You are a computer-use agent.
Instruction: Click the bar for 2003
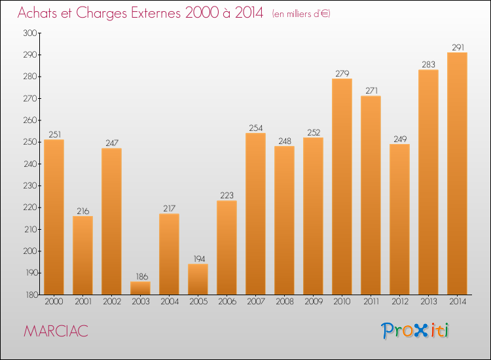140,288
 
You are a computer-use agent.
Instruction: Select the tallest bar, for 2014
457,173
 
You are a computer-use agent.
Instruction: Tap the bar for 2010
342,187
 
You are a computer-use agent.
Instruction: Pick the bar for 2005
198,279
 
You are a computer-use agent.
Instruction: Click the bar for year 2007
255,214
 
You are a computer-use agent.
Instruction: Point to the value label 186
140,276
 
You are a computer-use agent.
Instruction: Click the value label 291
457,47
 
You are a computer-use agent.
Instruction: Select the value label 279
342,73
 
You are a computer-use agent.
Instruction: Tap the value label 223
227,195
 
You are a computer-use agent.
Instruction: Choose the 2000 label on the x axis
54,303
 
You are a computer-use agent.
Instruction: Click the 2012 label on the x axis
399,303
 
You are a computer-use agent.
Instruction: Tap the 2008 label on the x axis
284,303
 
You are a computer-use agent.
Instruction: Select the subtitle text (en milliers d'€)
301,14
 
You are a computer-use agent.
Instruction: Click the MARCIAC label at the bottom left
56,331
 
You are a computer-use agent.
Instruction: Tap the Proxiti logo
416,331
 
